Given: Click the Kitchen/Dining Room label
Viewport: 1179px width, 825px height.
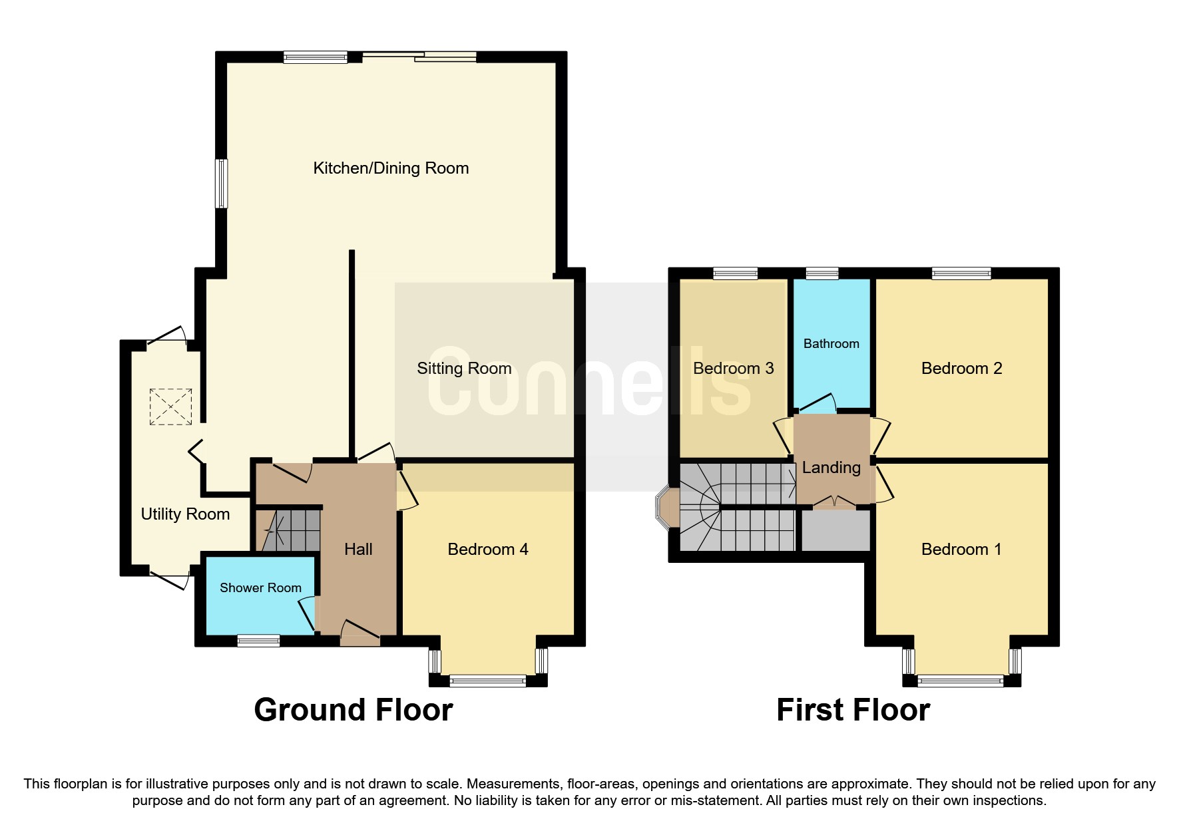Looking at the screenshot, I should pyautogui.click(x=391, y=168).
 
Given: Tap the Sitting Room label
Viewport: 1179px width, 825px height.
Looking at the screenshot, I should pyautogui.click(x=464, y=369).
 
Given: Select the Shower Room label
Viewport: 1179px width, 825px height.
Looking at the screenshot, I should pyautogui.click(x=260, y=588).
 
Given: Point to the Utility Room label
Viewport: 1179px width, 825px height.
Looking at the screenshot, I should pyautogui.click(x=185, y=514).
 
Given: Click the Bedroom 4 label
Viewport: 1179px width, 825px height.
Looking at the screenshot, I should pyautogui.click(x=488, y=550).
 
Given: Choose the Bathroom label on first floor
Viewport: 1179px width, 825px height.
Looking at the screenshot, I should pyautogui.click(x=831, y=344).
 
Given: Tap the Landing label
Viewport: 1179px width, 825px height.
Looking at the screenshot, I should pyautogui.click(x=831, y=468).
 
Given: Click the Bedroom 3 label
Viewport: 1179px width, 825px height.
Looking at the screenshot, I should pyautogui.click(x=733, y=369).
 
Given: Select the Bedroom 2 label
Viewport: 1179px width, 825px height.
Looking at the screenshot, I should pyautogui.click(x=961, y=369).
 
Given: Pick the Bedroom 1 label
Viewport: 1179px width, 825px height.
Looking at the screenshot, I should pyautogui.click(x=961, y=550).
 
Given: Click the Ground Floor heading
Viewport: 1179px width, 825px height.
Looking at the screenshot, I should pyautogui.click(x=353, y=710).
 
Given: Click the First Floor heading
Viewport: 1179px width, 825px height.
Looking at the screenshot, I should pyautogui.click(x=853, y=710).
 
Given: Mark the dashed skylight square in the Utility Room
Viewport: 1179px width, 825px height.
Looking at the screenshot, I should pyautogui.click(x=170, y=407).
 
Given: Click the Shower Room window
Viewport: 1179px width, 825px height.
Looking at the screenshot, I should pyautogui.click(x=258, y=641).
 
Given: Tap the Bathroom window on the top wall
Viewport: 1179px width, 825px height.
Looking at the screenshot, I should pyautogui.click(x=822, y=273).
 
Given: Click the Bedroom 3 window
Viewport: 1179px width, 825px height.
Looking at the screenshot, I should pyautogui.click(x=735, y=273).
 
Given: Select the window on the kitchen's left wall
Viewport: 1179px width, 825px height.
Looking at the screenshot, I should pyautogui.click(x=221, y=183).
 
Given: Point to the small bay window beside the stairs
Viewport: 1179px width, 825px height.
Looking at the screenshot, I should pyautogui.click(x=664, y=508).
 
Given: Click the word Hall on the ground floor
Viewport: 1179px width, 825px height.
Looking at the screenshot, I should pyautogui.click(x=358, y=550).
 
